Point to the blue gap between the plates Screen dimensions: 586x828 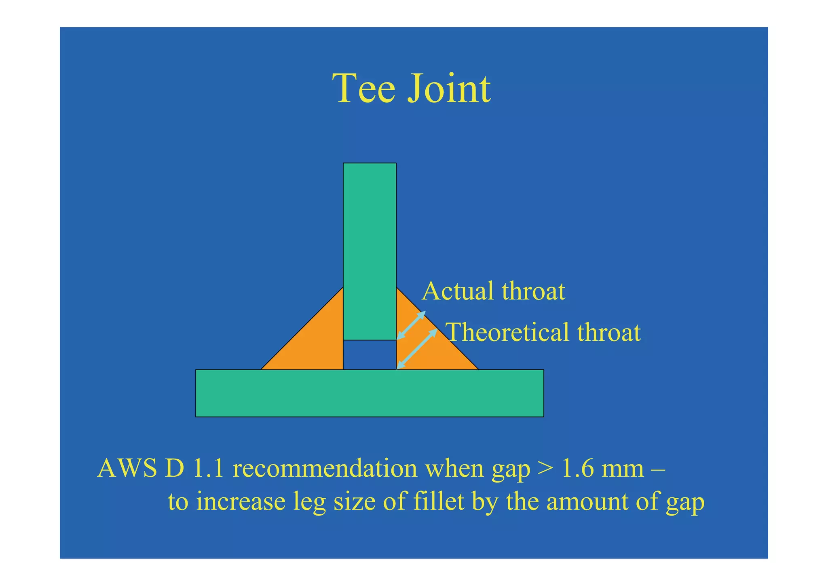[x=370, y=355]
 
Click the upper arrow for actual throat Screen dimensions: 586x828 [x=411, y=325]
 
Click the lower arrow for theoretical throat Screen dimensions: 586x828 [x=417, y=349]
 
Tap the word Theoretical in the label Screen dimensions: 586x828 [x=508, y=332]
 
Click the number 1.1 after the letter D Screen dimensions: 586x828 [x=209, y=469]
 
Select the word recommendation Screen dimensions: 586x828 [x=325, y=469]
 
